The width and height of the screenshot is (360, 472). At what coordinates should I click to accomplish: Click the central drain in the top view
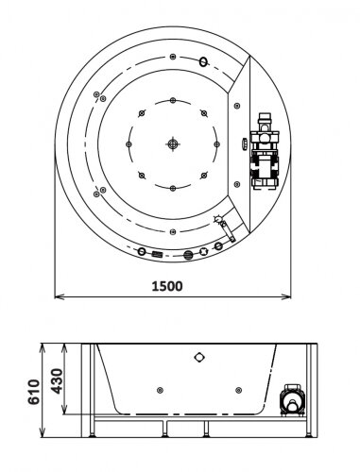pyautogui.click(x=172, y=143)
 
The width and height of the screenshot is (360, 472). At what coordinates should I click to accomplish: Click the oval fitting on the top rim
pyautogui.click(x=202, y=63)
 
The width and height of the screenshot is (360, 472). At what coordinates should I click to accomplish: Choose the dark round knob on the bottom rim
pyautogui.click(x=187, y=253)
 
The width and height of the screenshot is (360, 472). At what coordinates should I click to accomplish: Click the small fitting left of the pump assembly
pyautogui.click(x=243, y=143)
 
